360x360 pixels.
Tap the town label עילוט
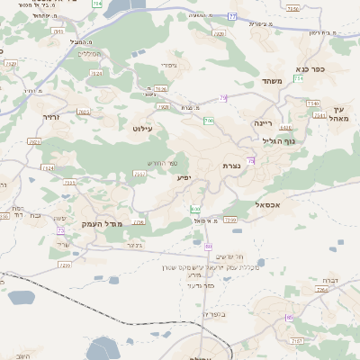[143, 129]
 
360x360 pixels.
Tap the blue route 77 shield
[232, 16]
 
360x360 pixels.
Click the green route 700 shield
[209, 121]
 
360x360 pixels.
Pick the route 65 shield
[289, 318]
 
